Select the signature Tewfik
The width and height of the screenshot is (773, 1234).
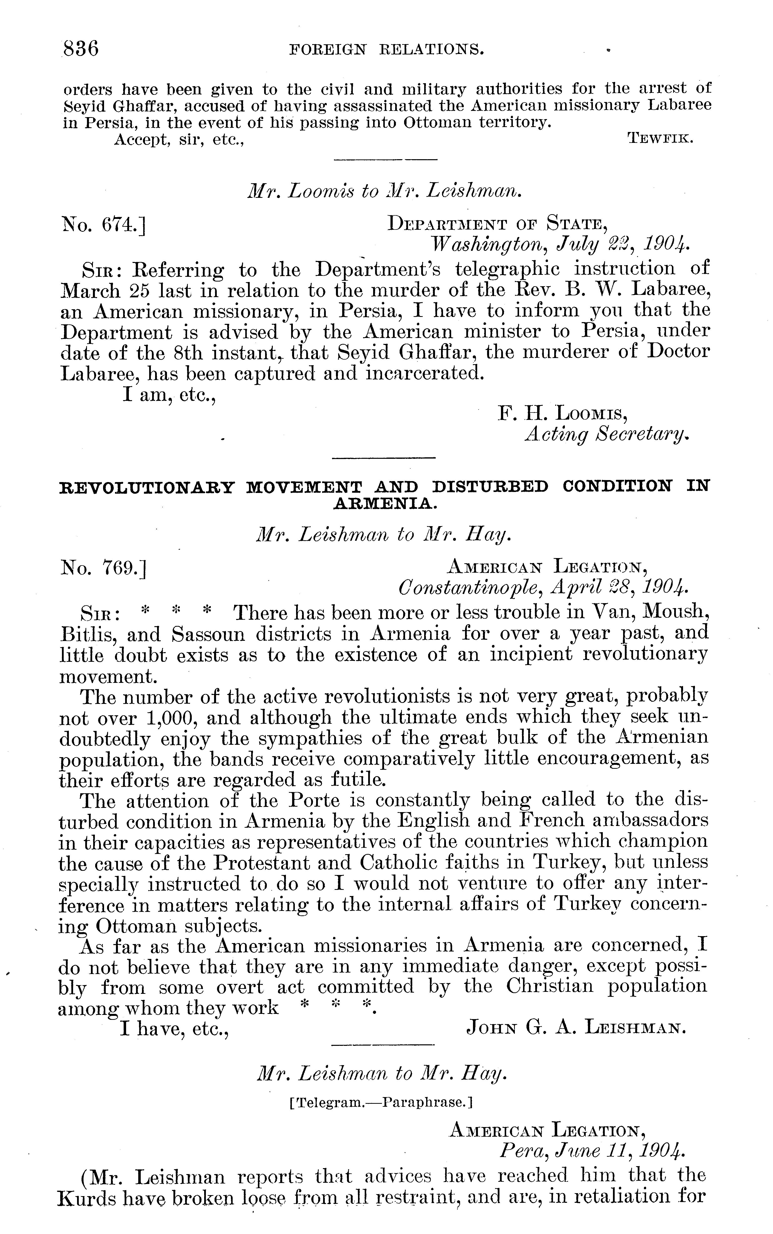point(660,138)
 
